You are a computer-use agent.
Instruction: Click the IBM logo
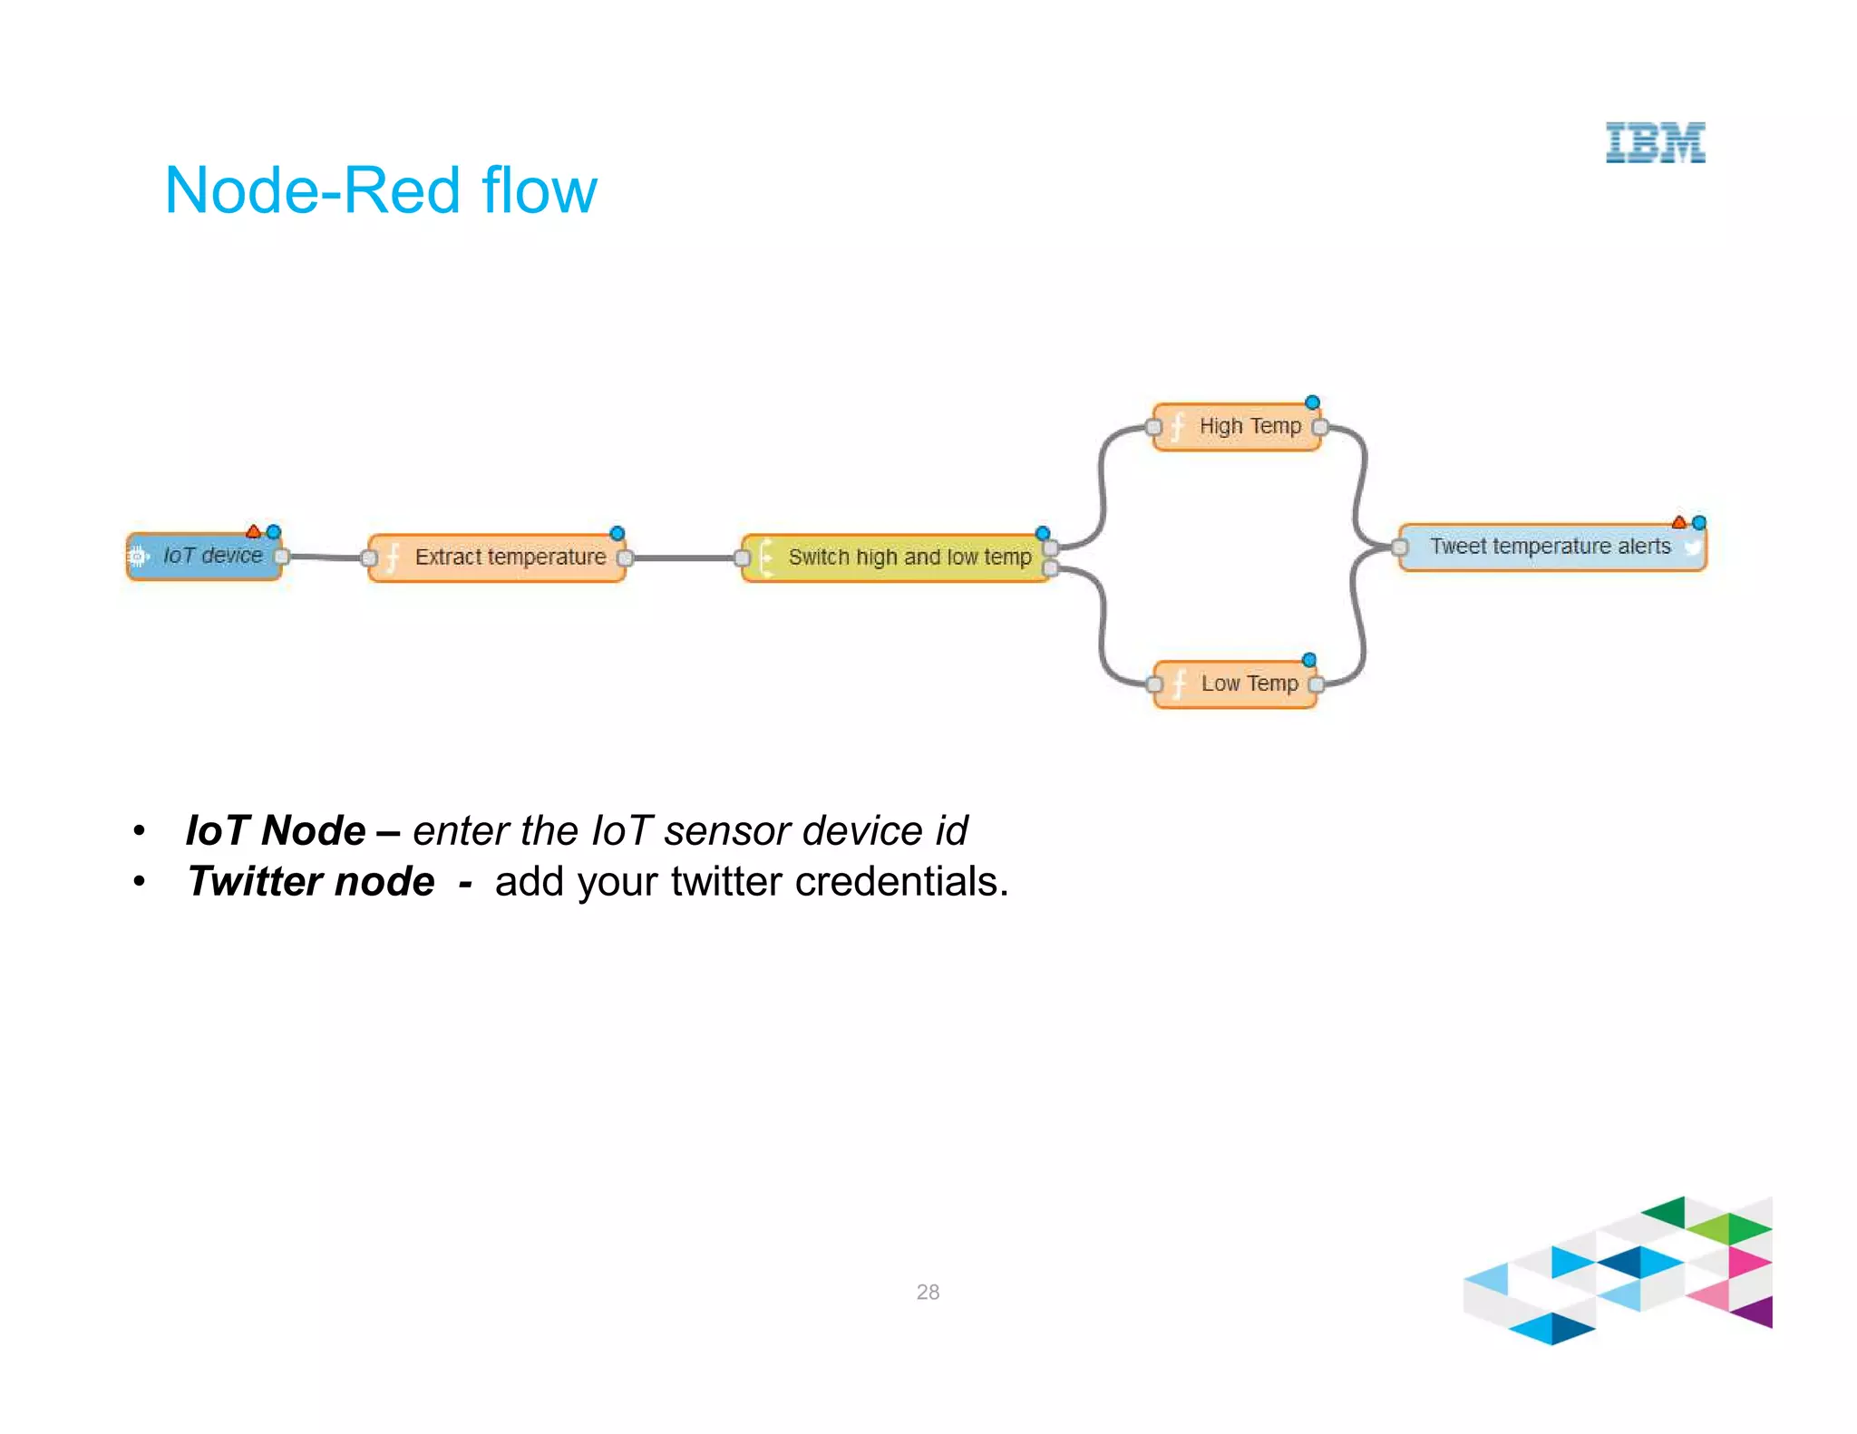coord(1655,143)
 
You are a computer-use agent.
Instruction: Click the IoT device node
coord(206,556)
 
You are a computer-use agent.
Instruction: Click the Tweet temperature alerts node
coord(1551,547)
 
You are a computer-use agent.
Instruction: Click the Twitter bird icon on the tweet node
coord(1691,547)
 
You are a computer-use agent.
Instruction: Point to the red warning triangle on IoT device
coord(254,531)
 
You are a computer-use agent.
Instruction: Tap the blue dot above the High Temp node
coord(1312,402)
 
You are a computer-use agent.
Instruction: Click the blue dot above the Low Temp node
coord(1308,660)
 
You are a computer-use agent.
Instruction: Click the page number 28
coord(928,1292)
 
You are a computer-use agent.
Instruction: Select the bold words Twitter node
coord(311,881)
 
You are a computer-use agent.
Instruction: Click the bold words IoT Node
coord(275,830)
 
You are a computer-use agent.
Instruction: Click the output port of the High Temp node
coord(1320,427)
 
